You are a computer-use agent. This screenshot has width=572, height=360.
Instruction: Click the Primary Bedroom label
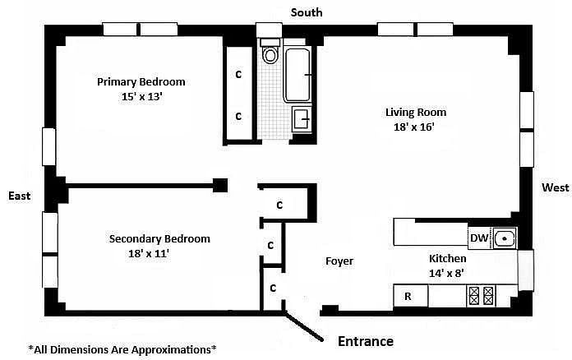[141, 81]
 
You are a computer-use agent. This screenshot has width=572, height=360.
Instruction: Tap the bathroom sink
[302, 119]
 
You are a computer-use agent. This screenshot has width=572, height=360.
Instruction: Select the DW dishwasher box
[479, 238]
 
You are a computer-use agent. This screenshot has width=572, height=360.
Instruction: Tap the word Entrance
[366, 341]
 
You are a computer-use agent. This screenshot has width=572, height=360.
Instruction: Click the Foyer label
[339, 261]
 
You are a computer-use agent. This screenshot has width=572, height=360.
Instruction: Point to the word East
[19, 196]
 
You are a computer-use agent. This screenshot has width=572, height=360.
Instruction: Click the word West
[555, 188]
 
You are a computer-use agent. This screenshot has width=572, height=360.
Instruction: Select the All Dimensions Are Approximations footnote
[122, 348]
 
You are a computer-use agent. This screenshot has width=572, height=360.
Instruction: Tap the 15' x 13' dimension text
[143, 96]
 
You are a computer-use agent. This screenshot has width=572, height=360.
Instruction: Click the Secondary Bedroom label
[159, 239]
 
